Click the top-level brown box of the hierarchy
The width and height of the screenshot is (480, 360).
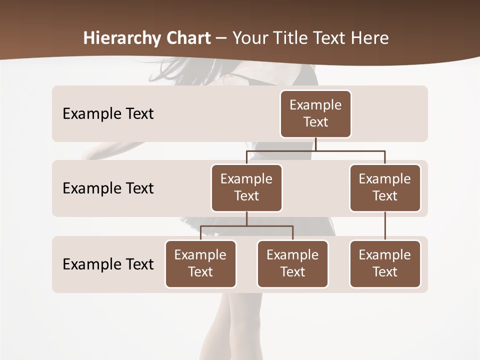315,114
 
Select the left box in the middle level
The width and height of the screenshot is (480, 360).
246,188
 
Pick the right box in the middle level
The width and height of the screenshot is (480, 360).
385,188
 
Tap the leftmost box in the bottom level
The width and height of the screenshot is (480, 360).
200,264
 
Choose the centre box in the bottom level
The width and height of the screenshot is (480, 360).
292,264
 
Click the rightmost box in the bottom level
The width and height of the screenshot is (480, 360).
385,264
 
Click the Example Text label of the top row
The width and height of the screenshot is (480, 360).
108,114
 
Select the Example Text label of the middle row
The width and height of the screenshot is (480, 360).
108,188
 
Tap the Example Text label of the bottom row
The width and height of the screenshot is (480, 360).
108,264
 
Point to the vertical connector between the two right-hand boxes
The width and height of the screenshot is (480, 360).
385,226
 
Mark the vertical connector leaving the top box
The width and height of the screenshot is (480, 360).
315,144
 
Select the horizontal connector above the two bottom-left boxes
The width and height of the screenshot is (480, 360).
246,226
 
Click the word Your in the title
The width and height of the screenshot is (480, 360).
248,38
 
